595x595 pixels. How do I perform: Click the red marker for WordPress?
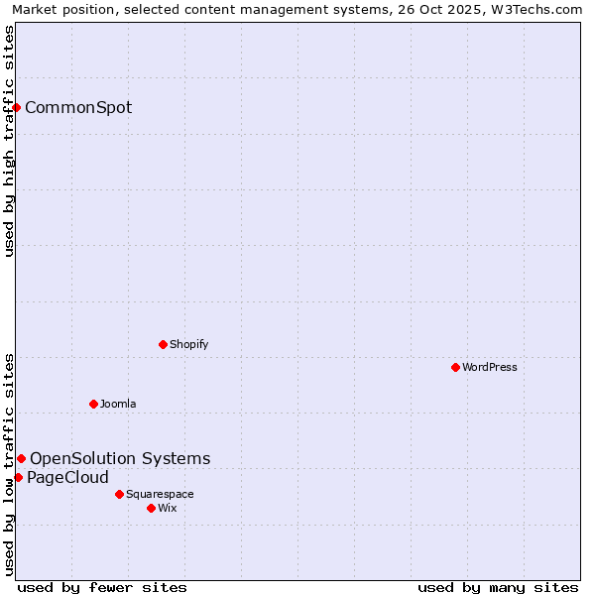click(x=455, y=367)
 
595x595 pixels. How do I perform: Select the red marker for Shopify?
click(x=163, y=344)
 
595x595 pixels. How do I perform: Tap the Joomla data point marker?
click(x=93, y=404)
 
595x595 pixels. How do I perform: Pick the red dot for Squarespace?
click(x=119, y=494)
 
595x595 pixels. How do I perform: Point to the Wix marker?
click(x=151, y=508)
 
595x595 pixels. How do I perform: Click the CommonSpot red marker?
click(x=17, y=107)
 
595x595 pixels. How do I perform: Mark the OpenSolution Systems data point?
click(x=21, y=458)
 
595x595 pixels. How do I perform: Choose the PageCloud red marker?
click(x=18, y=477)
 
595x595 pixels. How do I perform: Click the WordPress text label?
click(x=490, y=367)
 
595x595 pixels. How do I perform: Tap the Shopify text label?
click(x=188, y=344)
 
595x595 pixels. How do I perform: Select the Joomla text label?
click(x=118, y=404)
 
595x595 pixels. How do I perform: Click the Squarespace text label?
click(x=160, y=494)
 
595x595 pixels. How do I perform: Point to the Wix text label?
click(x=168, y=508)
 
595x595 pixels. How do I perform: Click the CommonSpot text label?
click(x=78, y=107)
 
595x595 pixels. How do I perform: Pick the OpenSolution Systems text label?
click(x=120, y=458)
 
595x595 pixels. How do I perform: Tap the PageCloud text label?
click(x=67, y=477)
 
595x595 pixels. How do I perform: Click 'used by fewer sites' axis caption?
click(x=102, y=587)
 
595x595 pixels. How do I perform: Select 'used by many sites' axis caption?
click(x=498, y=587)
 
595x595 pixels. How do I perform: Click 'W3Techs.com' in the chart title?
click(x=541, y=9)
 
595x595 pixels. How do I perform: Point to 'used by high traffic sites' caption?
click(x=9, y=141)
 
